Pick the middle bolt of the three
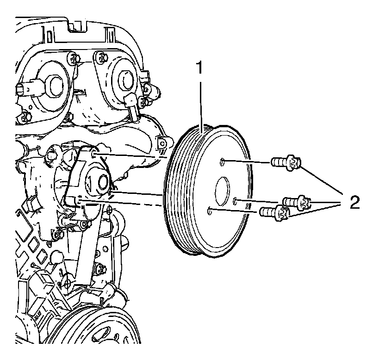coord(296,202)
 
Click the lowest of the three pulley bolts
coord(275,212)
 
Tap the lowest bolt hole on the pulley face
coord(211,211)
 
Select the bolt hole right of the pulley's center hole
coord(236,200)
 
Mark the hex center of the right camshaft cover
coord(124,78)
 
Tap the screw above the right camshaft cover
coord(101,58)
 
